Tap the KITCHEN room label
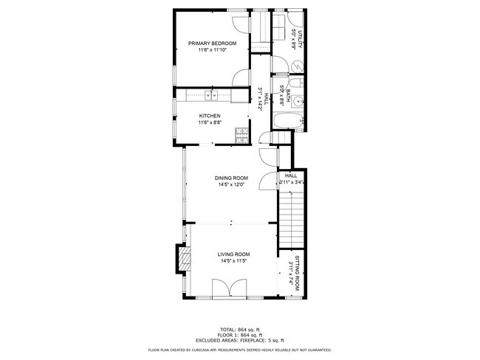click(210, 116)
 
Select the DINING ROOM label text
click(231, 178)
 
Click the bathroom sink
click(296, 101)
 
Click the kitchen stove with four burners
click(241, 134)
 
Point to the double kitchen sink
click(210, 94)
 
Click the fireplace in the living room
click(181, 259)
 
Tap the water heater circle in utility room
click(295, 66)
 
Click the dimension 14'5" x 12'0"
click(231, 185)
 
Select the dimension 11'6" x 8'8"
click(210, 123)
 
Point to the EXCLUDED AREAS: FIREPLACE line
click(240, 340)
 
